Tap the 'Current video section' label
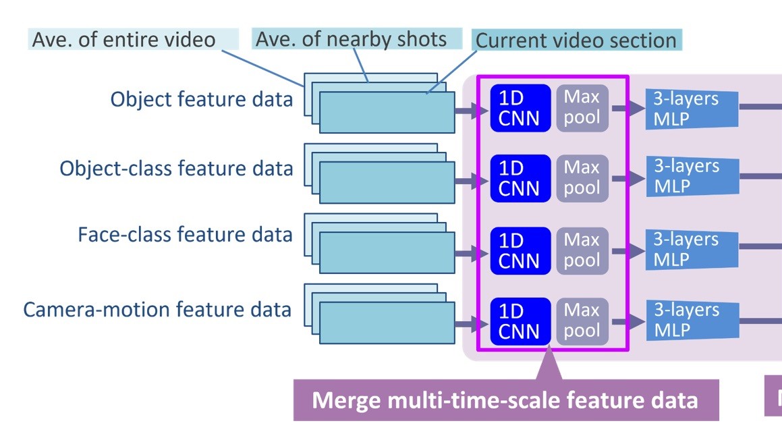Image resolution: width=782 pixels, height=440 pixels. [x=576, y=40]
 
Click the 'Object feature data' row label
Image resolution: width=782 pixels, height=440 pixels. [x=202, y=99]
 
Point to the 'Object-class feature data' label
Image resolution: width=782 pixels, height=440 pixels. [x=176, y=167]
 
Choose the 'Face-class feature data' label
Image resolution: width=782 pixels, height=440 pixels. [x=185, y=234]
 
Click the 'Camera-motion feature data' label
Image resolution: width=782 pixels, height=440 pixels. [x=157, y=309]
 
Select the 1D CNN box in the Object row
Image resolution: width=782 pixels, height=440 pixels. [x=520, y=108]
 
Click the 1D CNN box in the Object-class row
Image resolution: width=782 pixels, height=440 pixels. [x=520, y=178]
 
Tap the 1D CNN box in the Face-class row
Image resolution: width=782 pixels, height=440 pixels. [x=520, y=250]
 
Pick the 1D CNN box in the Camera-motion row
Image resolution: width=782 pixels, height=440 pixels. [x=520, y=321]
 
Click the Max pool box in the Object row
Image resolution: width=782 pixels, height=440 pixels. [x=582, y=108]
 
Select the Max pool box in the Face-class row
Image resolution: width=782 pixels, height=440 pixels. [x=582, y=250]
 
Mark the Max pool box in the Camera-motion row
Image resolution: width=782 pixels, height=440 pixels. [x=582, y=321]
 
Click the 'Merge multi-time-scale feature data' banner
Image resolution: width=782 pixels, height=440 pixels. [x=505, y=400]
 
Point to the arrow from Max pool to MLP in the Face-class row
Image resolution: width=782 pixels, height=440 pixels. [x=627, y=250]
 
